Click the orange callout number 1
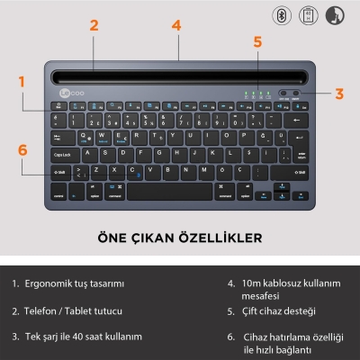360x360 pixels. pos(22,81)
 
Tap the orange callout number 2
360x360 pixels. pos(94,25)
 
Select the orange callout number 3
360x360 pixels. pos(338,92)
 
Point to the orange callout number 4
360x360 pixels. pos(176,25)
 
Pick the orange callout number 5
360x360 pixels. pos(257,41)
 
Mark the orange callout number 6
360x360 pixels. pos(23,150)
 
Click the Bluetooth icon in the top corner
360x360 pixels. pos(283,15)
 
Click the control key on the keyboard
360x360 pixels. pos(58,192)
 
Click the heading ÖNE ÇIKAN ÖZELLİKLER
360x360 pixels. pos(180,238)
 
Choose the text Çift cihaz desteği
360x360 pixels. pos(278,310)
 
